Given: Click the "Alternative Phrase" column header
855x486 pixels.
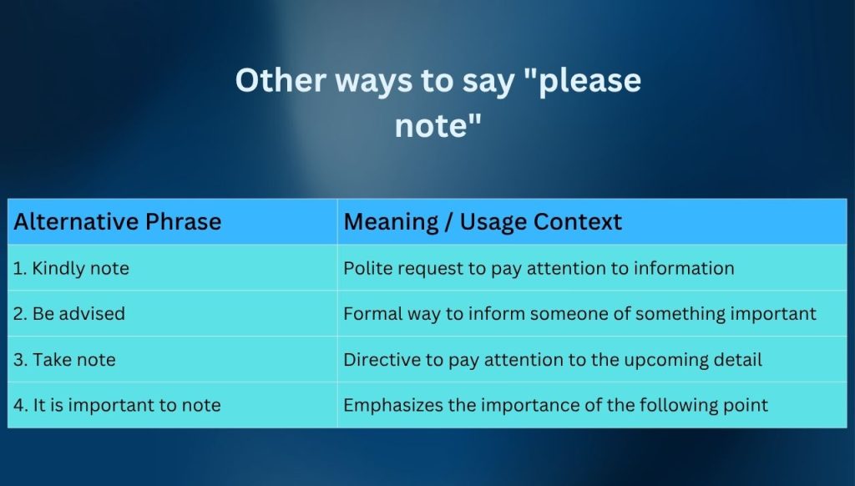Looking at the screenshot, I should tap(118, 222).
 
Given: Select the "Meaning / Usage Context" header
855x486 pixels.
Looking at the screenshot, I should tap(483, 222).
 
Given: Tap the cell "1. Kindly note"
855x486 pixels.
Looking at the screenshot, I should tap(71, 269).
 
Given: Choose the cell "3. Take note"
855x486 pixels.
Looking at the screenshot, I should tap(65, 360).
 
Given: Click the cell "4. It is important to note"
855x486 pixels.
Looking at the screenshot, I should tap(118, 406).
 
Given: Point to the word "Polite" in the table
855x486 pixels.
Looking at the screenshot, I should tap(366, 269).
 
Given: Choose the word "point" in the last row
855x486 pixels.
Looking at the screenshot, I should tap(746, 406).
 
